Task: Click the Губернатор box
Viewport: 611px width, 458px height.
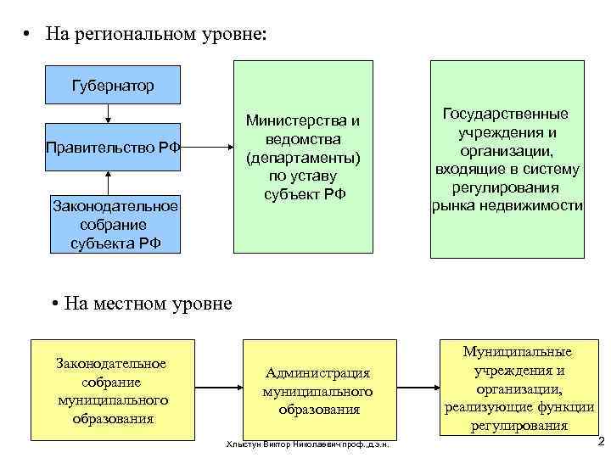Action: (112, 86)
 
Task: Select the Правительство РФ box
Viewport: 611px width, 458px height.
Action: (112, 147)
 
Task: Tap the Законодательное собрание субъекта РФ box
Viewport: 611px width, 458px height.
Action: (112, 224)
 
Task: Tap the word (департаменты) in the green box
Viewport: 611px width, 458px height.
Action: (303, 159)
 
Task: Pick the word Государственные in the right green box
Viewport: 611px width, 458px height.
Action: (506, 113)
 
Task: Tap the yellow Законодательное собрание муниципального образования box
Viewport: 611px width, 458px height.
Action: (112, 389)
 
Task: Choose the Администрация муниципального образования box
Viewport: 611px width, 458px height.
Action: (319, 389)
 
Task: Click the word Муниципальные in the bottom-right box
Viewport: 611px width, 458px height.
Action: (518, 352)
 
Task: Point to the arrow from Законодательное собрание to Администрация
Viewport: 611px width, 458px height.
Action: (219, 389)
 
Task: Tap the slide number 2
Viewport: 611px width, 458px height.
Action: (600, 441)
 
